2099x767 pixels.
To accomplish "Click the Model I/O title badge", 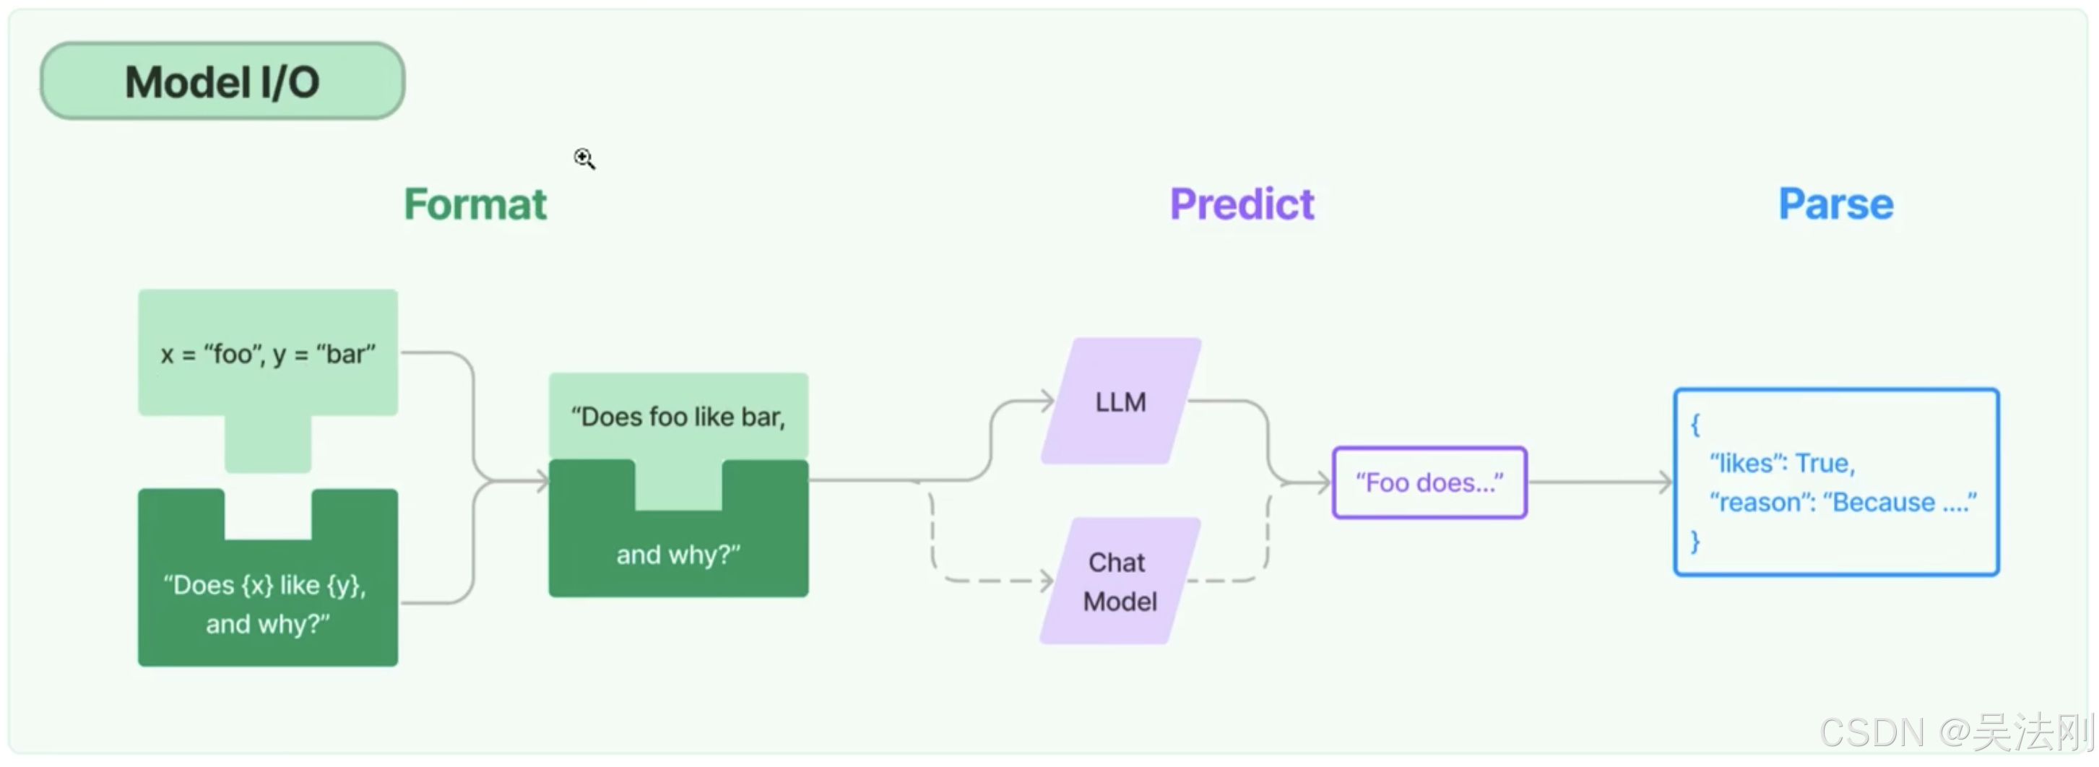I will (222, 82).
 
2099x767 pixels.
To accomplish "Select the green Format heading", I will (475, 204).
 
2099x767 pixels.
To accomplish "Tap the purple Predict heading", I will (1242, 204).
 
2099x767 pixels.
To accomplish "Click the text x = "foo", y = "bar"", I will (268, 355).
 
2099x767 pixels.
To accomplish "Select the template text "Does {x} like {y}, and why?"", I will (267, 604).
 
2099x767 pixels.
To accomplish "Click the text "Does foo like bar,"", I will (678, 417).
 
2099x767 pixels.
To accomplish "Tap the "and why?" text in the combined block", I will (678, 555).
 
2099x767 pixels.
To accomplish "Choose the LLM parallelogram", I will (1120, 402).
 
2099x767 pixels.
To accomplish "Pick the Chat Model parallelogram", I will (1120, 581).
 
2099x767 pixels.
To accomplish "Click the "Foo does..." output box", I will (1429, 482).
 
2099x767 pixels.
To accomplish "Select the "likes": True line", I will (1782, 463).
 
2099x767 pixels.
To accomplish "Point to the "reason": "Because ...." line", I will (1843, 502).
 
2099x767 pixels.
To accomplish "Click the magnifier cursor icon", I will (584, 157).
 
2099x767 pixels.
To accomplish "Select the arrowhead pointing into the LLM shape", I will (1048, 401).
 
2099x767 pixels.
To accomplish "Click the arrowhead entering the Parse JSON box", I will (1666, 482).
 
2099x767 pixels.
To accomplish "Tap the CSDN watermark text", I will (1955, 732).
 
